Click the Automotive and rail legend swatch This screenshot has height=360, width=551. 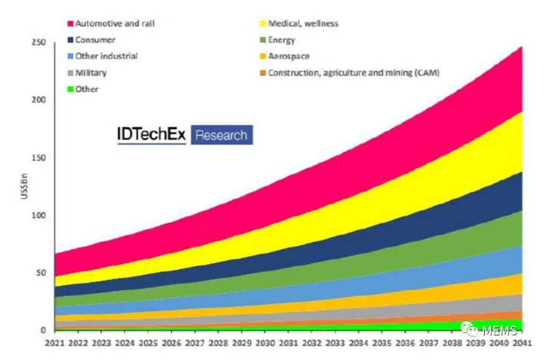(71, 24)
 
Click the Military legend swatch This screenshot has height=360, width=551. (71, 72)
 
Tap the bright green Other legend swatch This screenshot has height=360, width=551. (71, 89)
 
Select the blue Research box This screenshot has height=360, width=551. (221, 135)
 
